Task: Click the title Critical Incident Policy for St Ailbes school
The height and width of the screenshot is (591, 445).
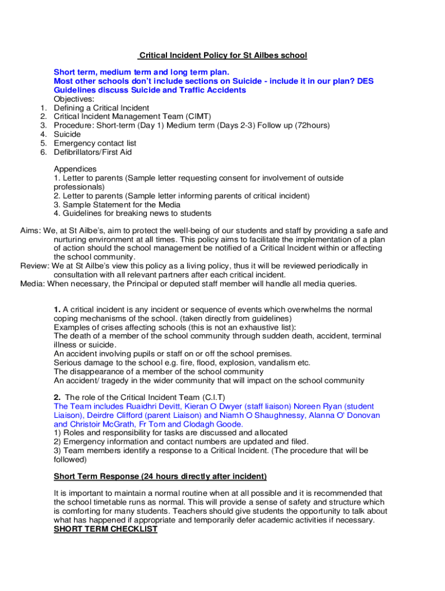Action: pos(222,55)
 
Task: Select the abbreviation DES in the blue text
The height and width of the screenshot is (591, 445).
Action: pos(365,81)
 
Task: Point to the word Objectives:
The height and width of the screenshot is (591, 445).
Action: pos(74,99)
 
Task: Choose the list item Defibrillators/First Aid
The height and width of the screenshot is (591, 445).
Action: pos(92,152)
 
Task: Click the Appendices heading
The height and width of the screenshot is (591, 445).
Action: pos(75,169)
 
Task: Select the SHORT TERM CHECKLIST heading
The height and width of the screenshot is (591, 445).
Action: pos(106,529)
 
